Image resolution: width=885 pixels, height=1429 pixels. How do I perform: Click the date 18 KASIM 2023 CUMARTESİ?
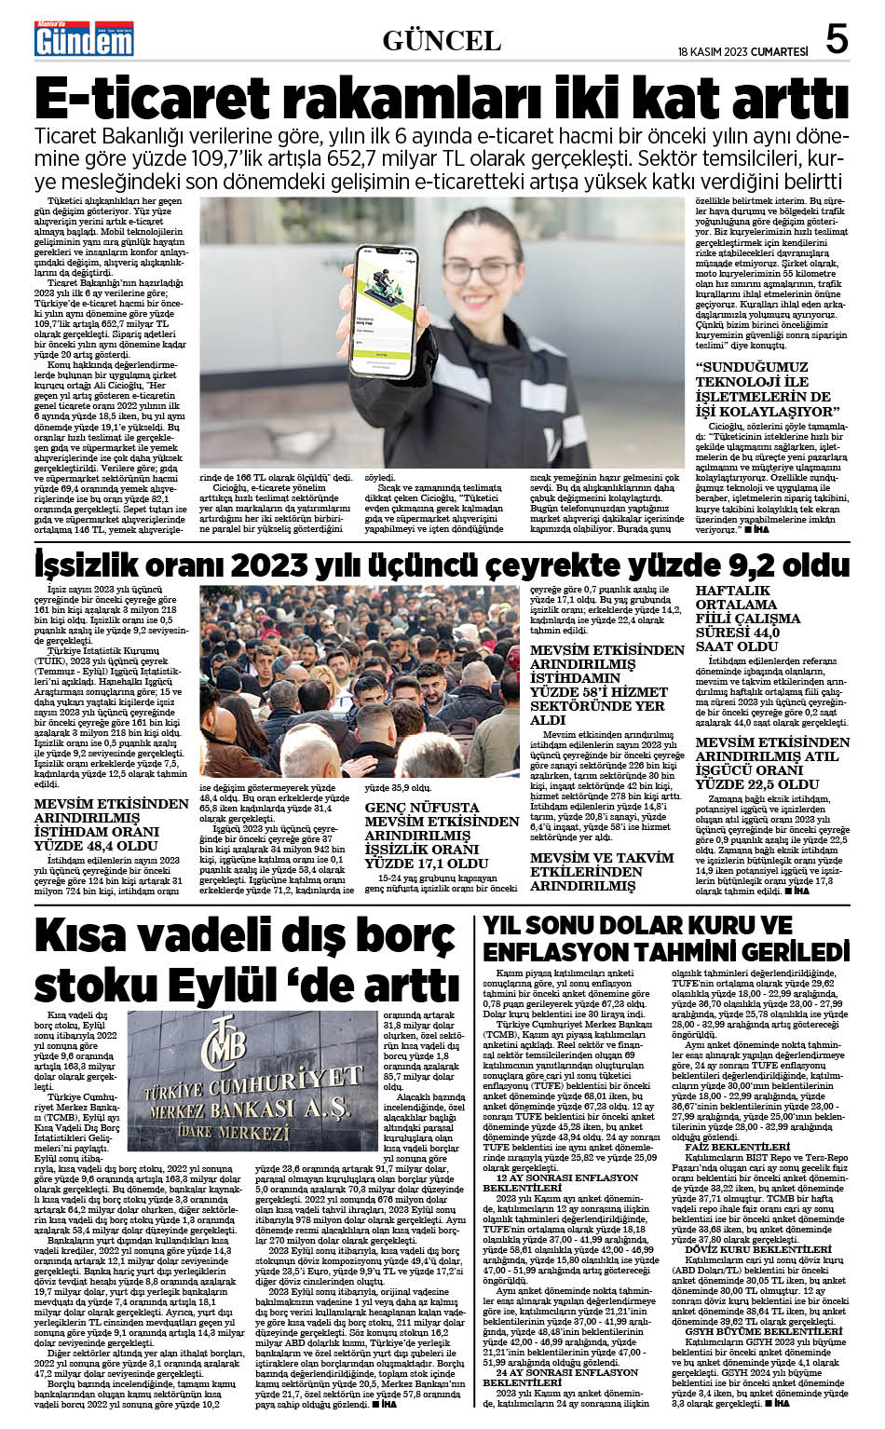(x=742, y=51)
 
